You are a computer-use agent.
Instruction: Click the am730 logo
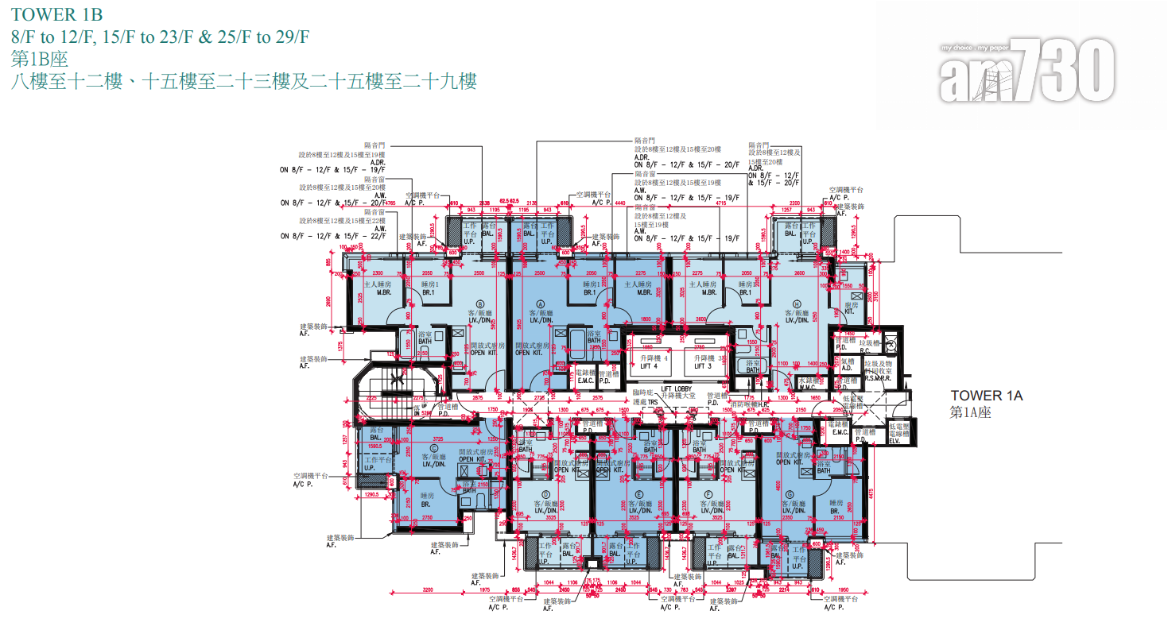pyautogui.click(x=1026, y=72)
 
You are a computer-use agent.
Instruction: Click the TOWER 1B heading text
pyautogui.click(x=56, y=15)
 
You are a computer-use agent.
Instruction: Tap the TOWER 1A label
pyautogui.click(x=987, y=395)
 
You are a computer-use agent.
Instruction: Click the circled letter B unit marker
pyautogui.click(x=479, y=303)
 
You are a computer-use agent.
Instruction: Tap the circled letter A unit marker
pyautogui.click(x=541, y=303)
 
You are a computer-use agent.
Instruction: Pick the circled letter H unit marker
pyautogui.click(x=796, y=303)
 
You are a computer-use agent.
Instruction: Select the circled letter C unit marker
pyautogui.click(x=434, y=448)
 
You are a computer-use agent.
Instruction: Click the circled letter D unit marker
pyautogui.click(x=545, y=493)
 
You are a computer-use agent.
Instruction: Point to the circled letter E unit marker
pyautogui.click(x=639, y=493)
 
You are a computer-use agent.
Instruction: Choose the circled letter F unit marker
pyautogui.click(x=706, y=493)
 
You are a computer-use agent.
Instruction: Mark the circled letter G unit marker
pyautogui.click(x=790, y=493)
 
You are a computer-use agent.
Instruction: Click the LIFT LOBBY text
pyautogui.click(x=675, y=388)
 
